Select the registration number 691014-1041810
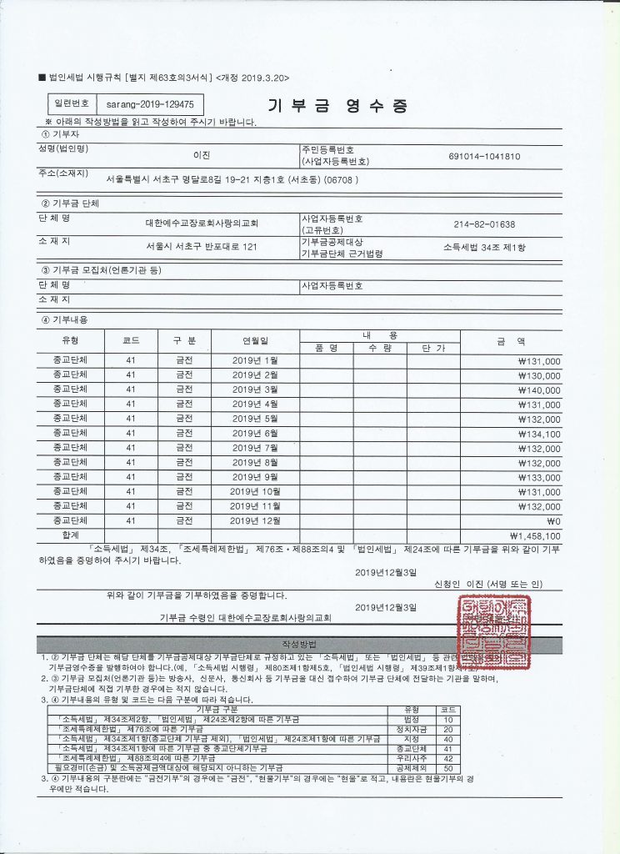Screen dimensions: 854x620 point(484,156)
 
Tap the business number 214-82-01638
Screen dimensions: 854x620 point(484,224)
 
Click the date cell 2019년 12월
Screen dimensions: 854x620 point(255,520)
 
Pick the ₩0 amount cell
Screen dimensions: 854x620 point(553,520)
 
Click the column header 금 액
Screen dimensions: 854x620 point(511,341)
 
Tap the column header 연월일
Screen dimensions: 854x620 point(255,341)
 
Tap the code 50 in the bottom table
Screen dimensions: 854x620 point(447,766)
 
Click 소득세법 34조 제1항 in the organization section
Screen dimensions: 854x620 point(485,247)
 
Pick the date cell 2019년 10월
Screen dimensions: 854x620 point(255,491)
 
